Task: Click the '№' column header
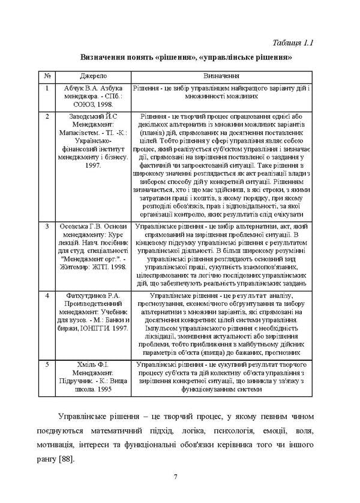pos(47,77)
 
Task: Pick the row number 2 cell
pos(47,115)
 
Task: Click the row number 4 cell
pos(47,296)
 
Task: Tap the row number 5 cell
pos(47,364)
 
